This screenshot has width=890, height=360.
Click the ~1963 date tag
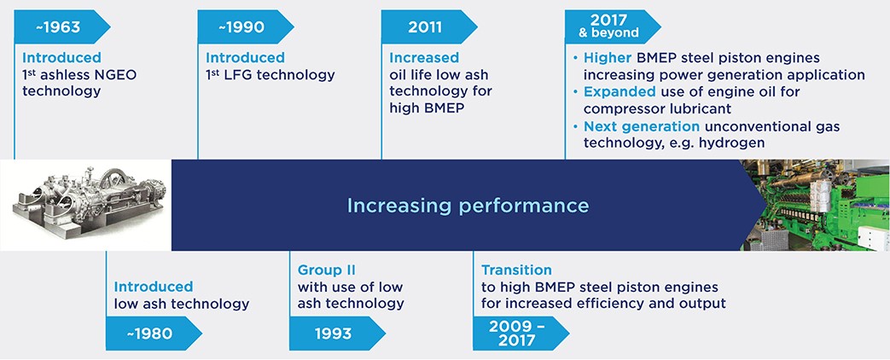(x=58, y=27)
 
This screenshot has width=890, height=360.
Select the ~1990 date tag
(x=241, y=27)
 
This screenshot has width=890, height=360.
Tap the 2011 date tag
(x=424, y=27)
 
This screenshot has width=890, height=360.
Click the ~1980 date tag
(x=149, y=333)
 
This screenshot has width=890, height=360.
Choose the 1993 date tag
(x=333, y=333)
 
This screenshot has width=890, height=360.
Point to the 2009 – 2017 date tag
(x=516, y=333)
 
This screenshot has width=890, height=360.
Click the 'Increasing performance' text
(x=467, y=206)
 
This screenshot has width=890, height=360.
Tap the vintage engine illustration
(x=85, y=206)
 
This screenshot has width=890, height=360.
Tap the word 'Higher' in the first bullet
(x=607, y=58)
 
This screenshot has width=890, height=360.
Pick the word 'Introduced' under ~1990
(x=245, y=58)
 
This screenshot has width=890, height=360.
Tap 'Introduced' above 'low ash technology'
(x=154, y=287)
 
